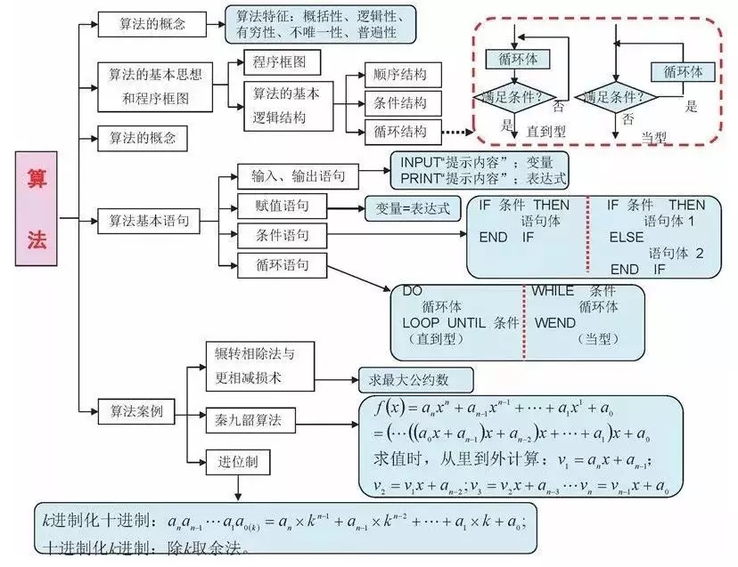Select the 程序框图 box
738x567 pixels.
click(281, 62)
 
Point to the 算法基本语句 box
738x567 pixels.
click(147, 219)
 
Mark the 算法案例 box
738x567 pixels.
click(135, 412)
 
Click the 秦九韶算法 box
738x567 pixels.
click(249, 419)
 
